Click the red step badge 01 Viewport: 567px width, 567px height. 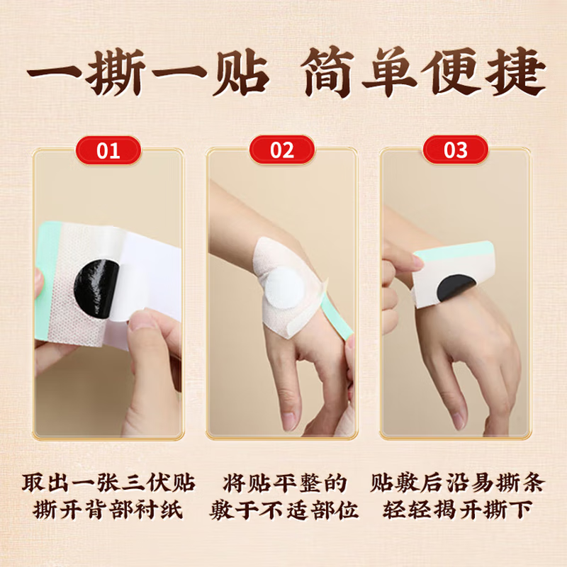click(109, 150)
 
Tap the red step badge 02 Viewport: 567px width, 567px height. click(283, 150)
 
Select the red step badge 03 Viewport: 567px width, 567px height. click(456, 150)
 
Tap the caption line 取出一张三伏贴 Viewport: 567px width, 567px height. click(108, 483)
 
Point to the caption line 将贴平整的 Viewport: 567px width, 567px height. click(283, 483)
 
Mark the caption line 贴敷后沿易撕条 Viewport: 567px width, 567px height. click(457, 483)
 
